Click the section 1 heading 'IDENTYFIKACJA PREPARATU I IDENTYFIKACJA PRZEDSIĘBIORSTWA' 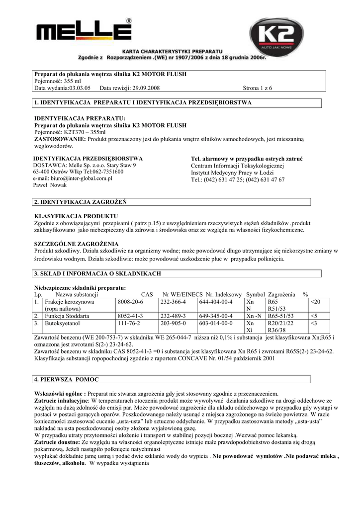click(143, 103)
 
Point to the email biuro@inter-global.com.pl click(73, 178)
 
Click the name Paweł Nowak click(50, 185)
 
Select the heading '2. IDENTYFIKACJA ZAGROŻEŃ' click(81, 202)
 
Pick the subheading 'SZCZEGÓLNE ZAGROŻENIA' click(76, 244)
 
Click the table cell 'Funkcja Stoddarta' click(67, 316)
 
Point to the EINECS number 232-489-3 click(173, 316)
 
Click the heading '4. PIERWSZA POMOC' click(67, 380)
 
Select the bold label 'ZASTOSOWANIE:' click(60, 140)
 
